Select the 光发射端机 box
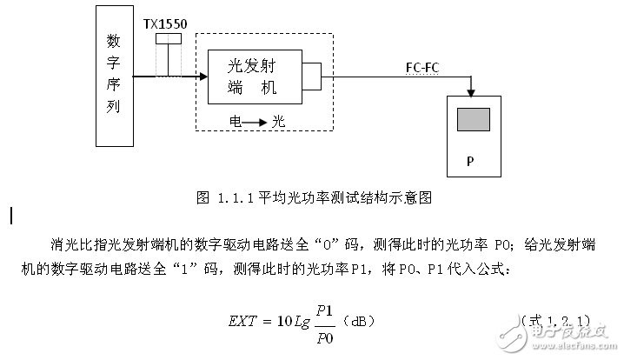[x=255, y=77]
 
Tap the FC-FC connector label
[x=426, y=67]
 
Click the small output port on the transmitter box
[x=312, y=77]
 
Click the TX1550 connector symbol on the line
[x=168, y=57]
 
